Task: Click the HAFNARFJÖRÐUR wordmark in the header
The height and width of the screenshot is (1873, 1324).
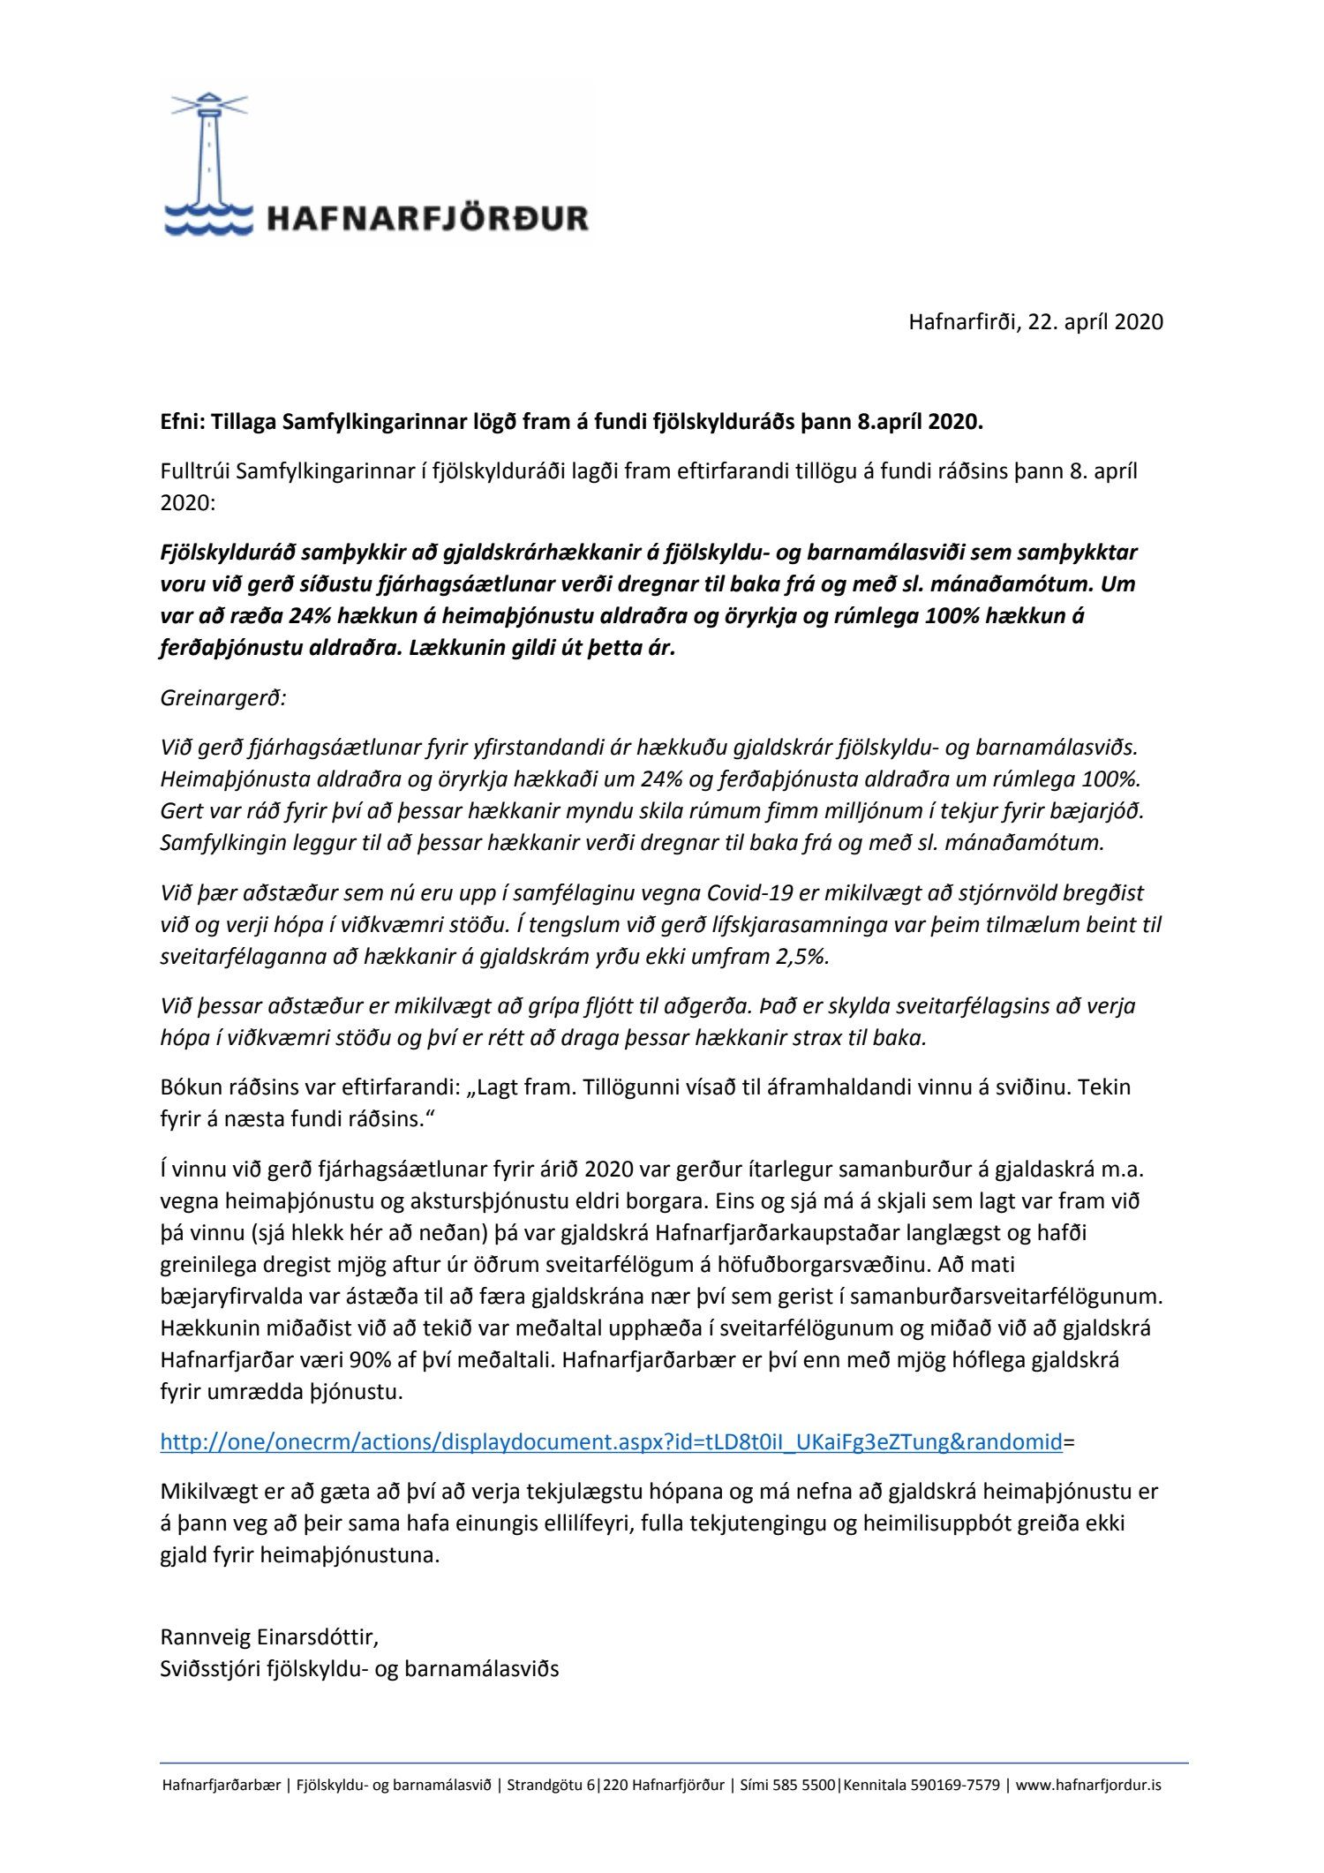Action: click(x=427, y=218)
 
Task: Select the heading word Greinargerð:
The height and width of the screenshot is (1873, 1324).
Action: click(x=223, y=698)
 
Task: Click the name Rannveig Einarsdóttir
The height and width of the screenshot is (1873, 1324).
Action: click(x=268, y=1637)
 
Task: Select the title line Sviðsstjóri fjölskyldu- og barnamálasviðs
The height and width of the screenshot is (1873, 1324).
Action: click(x=359, y=1669)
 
